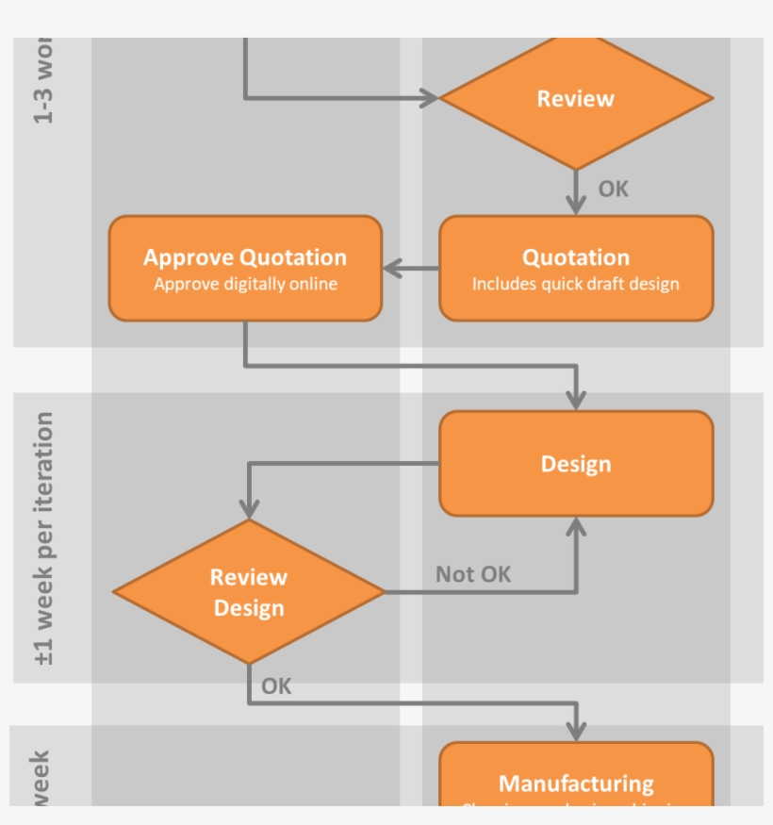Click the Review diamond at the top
pos(576,98)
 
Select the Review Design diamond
pos(249,592)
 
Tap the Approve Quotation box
pos(245,269)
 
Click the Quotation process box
pos(576,269)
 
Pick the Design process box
pos(576,464)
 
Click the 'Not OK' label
pos(473,574)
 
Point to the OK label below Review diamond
pos(613,190)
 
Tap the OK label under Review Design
pos(276,686)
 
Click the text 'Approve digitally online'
pos(245,284)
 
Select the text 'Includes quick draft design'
pos(576,284)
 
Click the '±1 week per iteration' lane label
pos(44,538)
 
